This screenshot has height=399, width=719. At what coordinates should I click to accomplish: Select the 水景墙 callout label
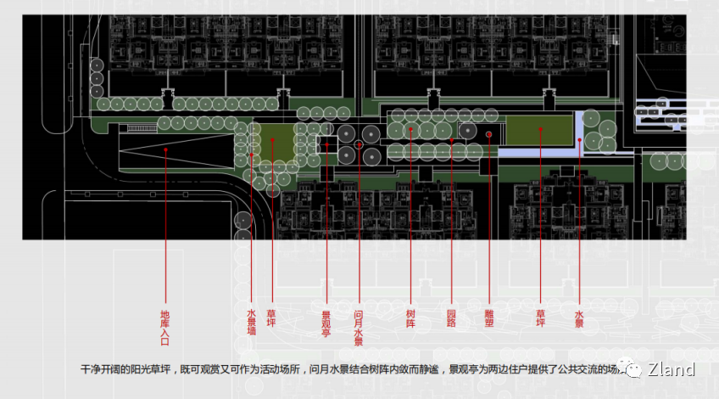pyautogui.click(x=251, y=322)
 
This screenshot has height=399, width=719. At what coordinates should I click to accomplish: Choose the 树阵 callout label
pyautogui.click(x=410, y=318)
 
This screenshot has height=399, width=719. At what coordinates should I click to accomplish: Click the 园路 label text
pyautogui.click(x=451, y=318)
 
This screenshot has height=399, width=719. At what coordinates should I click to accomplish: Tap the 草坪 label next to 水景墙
pyautogui.click(x=271, y=318)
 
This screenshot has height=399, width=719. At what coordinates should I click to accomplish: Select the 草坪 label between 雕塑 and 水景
pyautogui.click(x=540, y=318)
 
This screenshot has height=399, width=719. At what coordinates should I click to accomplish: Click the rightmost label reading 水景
pyautogui.click(x=579, y=318)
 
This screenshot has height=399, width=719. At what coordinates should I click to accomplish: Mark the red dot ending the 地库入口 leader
pyautogui.click(x=165, y=149)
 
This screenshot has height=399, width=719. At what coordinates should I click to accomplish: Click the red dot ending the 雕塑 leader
pyautogui.click(x=489, y=134)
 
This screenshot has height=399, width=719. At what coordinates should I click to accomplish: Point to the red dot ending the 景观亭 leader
pyautogui.click(x=326, y=145)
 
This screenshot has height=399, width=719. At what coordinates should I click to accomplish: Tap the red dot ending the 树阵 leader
pyautogui.click(x=410, y=130)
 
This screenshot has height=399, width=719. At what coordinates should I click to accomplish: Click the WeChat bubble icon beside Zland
pyautogui.click(x=633, y=368)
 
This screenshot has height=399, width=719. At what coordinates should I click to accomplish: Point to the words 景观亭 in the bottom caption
pyautogui.click(x=465, y=369)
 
